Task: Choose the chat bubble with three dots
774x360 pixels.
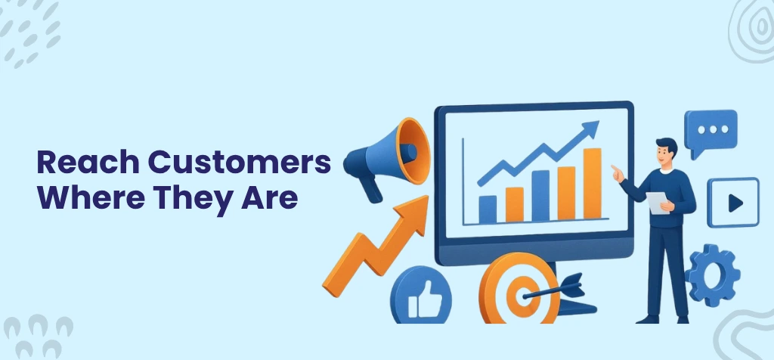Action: (710, 131)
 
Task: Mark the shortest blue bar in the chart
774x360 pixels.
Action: (488, 209)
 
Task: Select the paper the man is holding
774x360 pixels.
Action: (657, 203)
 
